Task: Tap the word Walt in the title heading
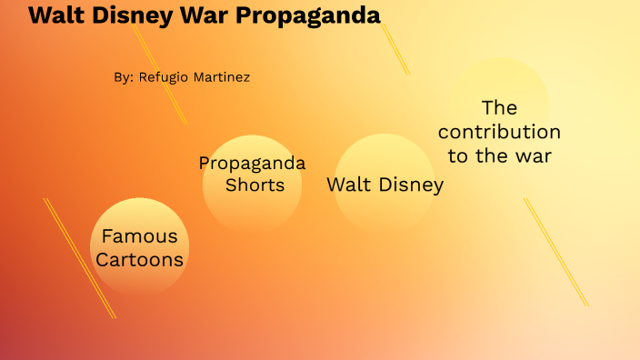(x=59, y=15)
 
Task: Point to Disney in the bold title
(x=142, y=15)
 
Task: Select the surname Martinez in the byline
(x=221, y=77)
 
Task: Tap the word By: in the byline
(x=124, y=77)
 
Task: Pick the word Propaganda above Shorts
(x=252, y=164)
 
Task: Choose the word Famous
(x=139, y=236)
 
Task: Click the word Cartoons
(x=140, y=260)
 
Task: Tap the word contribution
(x=499, y=132)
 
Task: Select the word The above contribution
(x=499, y=107)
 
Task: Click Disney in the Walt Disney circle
(x=408, y=185)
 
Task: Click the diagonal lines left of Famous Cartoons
(x=80, y=258)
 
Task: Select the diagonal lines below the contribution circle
(x=555, y=252)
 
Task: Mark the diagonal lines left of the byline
(x=159, y=73)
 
